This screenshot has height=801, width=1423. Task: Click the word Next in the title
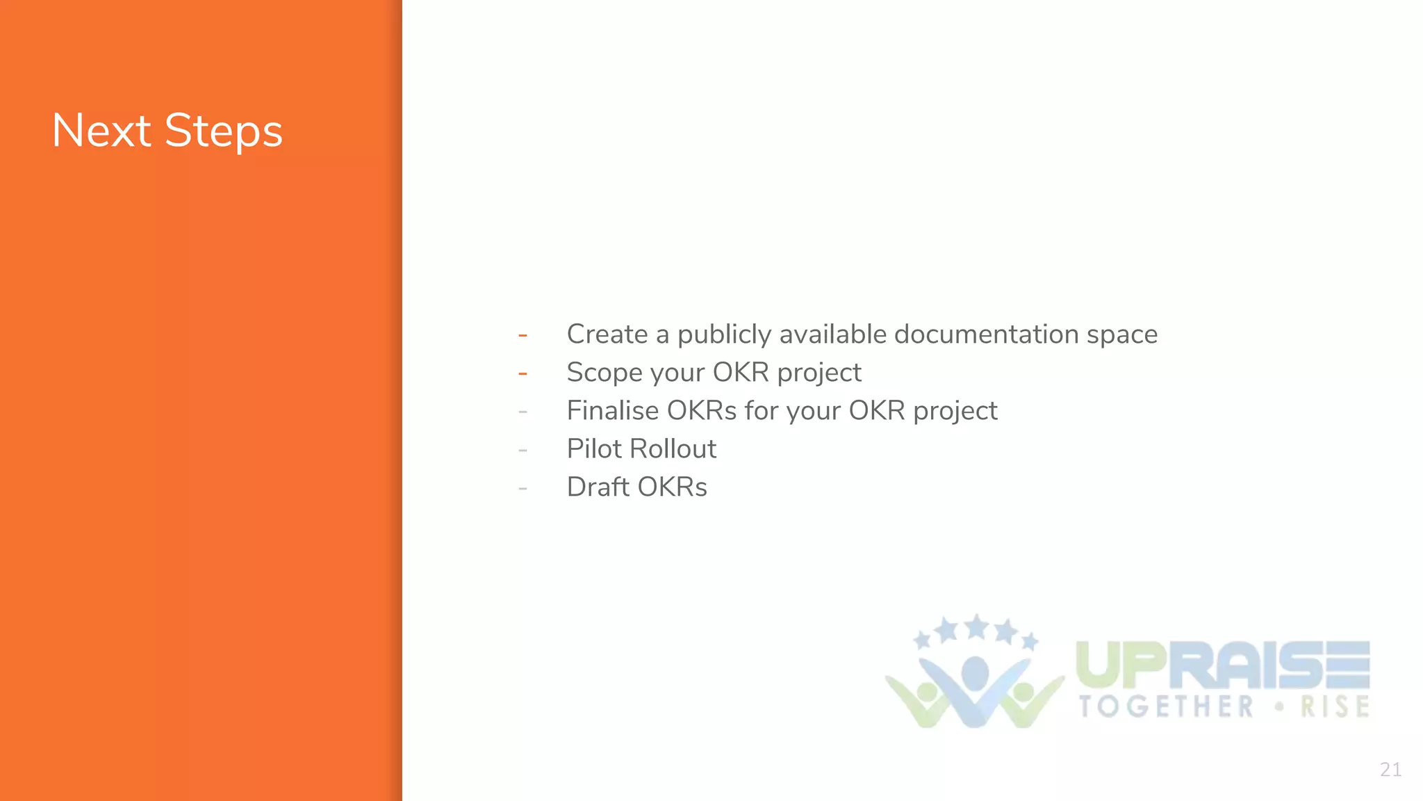(x=101, y=131)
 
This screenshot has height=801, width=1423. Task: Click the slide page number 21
(x=1390, y=770)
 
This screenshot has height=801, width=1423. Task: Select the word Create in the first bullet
(x=607, y=334)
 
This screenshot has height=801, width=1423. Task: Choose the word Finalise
(x=612, y=411)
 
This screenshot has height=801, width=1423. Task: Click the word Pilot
(x=593, y=449)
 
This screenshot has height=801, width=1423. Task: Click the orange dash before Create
(x=523, y=336)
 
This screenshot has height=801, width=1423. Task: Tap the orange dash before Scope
(x=523, y=374)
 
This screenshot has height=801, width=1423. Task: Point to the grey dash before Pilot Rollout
(x=523, y=451)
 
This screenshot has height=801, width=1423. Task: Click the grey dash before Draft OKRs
(x=523, y=489)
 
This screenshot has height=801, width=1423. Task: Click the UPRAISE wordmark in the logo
(x=1222, y=665)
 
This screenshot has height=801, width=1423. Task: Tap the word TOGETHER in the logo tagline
(x=1166, y=707)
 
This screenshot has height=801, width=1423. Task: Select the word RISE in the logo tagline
(x=1335, y=707)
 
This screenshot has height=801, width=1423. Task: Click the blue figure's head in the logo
(x=975, y=672)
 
